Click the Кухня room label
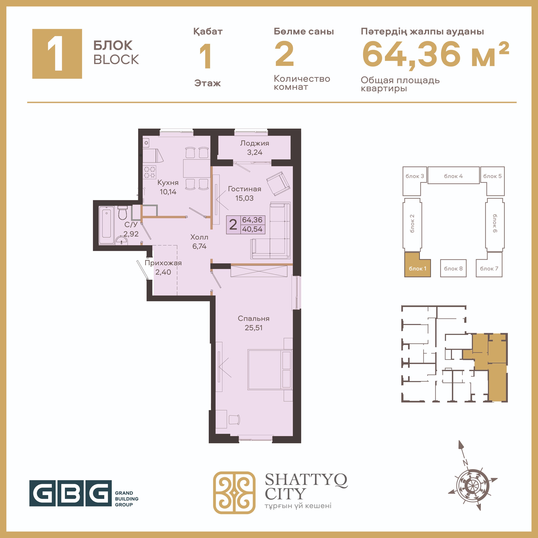[168, 183]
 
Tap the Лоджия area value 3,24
[254, 152]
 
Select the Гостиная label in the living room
[245, 189]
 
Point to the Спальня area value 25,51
[253, 328]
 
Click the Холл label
[199, 237]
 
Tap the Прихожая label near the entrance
[163, 263]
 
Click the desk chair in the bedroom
[234, 419]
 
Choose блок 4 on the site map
[453, 175]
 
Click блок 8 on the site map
[453, 268]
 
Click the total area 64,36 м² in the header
[435, 54]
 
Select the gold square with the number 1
[57, 54]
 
